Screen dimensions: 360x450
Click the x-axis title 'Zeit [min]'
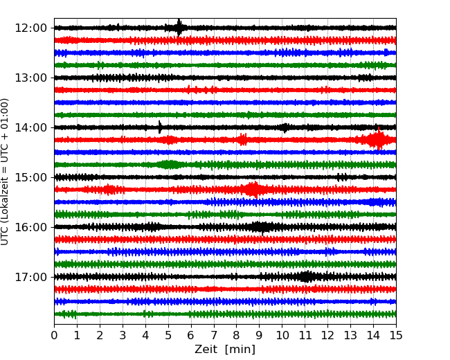[x=225, y=350]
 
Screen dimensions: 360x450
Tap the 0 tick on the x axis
[x=54, y=336]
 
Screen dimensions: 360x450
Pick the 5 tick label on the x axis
[x=168, y=336]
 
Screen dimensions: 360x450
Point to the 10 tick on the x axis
[x=282, y=336]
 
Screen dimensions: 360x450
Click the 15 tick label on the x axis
[x=396, y=336]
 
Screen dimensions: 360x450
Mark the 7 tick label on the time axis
[x=214, y=336]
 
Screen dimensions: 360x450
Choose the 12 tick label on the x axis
[x=327, y=336]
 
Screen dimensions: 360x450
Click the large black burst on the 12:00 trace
[x=179, y=28]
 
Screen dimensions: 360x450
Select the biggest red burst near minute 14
[x=377, y=140]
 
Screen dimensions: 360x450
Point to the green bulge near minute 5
[x=168, y=164]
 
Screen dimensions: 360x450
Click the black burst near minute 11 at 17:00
[x=305, y=277]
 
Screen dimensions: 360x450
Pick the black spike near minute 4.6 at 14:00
[x=160, y=127]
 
